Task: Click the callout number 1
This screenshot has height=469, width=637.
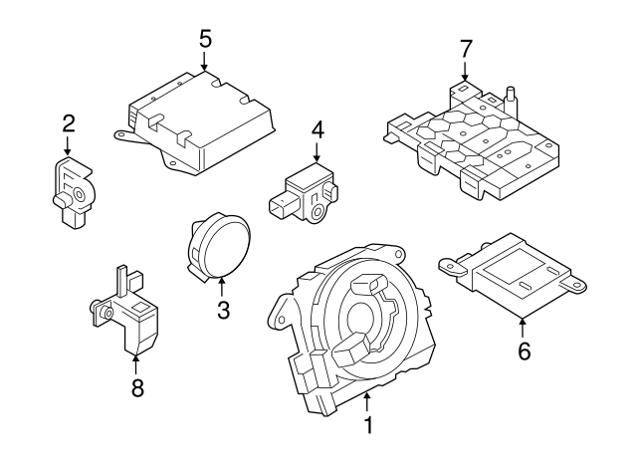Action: [x=368, y=426]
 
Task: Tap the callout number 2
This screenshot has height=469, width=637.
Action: [x=69, y=124]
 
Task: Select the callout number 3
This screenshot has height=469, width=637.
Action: [x=223, y=311]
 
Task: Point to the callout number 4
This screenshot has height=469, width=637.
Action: [x=318, y=128]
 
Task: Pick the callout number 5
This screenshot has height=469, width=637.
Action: [x=205, y=39]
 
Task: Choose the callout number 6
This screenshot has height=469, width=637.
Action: [x=524, y=350]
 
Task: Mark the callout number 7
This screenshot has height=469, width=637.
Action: [x=465, y=48]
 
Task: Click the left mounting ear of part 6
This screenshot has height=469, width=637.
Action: [x=453, y=263]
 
